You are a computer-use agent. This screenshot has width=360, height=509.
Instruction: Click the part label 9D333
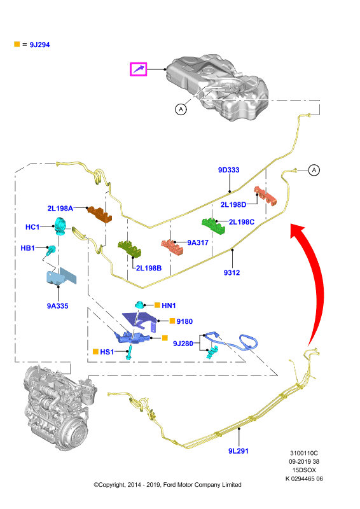(x=228, y=170)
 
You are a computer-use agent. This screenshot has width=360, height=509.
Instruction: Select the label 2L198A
(x=60, y=209)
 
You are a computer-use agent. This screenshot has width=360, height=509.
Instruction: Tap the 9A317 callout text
(x=198, y=242)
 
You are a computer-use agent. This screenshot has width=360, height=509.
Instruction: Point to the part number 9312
(x=232, y=273)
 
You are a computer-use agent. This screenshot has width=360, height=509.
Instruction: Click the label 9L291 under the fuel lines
(x=239, y=451)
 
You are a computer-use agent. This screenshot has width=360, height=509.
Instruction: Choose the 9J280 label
(x=183, y=344)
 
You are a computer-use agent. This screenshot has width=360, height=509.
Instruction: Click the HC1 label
(x=32, y=227)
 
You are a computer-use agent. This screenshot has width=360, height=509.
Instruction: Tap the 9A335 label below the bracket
(x=57, y=306)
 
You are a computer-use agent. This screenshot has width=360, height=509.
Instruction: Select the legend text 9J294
(x=39, y=45)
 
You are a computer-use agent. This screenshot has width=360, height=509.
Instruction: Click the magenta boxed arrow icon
(x=139, y=69)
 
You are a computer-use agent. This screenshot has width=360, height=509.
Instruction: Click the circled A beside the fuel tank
(x=181, y=109)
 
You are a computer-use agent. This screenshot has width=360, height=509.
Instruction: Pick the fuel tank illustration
(x=217, y=87)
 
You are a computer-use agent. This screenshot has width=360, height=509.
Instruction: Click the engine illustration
(x=59, y=407)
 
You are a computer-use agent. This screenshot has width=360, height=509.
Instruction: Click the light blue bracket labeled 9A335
(x=60, y=277)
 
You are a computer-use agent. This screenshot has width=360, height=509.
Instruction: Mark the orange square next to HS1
(x=96, y=352)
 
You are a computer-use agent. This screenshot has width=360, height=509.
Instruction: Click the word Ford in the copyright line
(x=169, y=485)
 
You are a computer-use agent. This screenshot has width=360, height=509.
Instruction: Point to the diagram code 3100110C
(x=304, y=453)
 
